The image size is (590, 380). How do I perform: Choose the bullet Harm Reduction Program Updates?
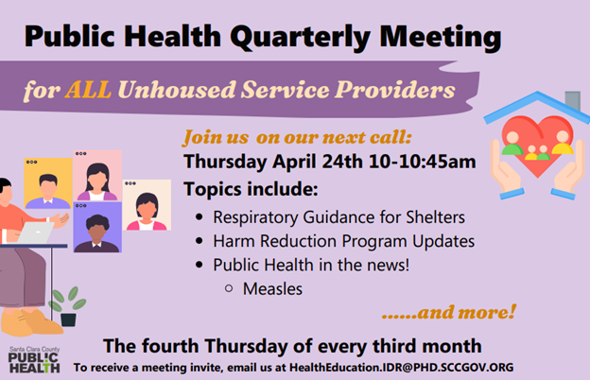(343, 241)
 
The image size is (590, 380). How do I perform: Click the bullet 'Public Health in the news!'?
(311, 266)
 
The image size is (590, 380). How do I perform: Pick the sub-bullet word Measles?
(272, 288)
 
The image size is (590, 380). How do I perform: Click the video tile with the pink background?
(98, 176)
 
